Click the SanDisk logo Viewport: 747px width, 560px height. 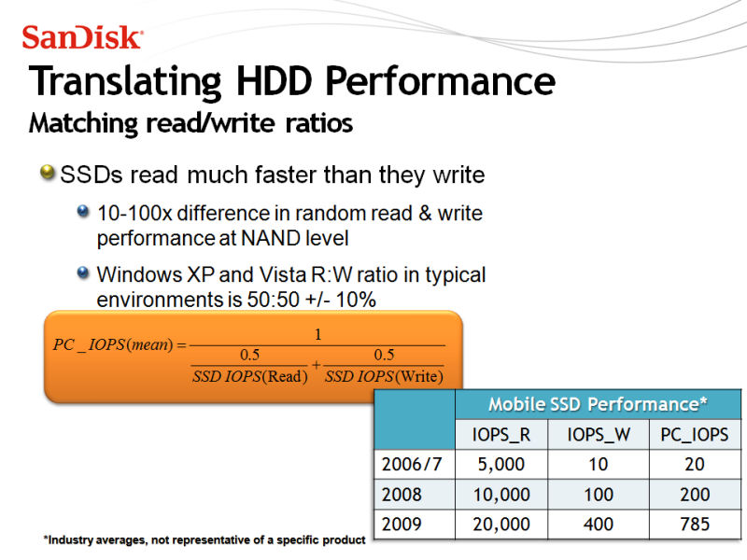coord(82,37)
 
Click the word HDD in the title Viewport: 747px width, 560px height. coord(275,81)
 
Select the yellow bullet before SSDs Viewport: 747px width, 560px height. coord(48,172)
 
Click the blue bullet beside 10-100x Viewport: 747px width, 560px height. coord(83,211)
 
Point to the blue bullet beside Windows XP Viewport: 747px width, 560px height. coord(83,273)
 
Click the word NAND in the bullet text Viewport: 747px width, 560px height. coord(271,238)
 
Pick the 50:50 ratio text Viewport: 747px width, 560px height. coord(273,300)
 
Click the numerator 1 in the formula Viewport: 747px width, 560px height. coord(317,334)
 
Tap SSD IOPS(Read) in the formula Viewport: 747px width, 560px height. coord(249,377)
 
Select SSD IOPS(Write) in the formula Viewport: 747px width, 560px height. coord(384,377)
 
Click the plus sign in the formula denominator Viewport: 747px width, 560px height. coord(316,365)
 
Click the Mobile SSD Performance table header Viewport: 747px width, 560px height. coord(598,404)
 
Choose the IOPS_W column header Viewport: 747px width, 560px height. coord(599,434)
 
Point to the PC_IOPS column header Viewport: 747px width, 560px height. coord(694,434)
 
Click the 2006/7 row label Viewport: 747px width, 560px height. coord(412,464)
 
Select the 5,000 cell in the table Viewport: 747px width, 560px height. coord(501,464)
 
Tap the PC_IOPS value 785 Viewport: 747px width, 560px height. coord(695,525)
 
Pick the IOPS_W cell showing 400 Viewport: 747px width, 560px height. coord(599,525)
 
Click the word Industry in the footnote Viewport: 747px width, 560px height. coord(69,540)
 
